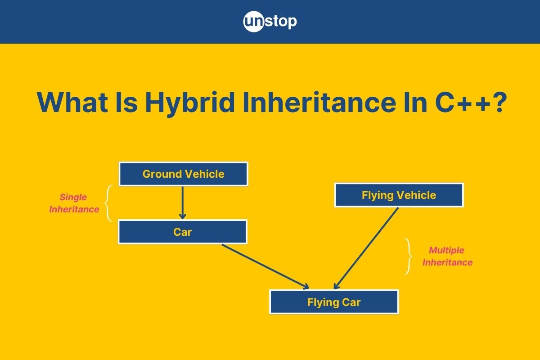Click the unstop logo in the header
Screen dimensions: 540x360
point(270,22)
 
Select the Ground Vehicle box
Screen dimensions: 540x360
point(184,174)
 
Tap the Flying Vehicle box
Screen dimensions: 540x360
point(399,195)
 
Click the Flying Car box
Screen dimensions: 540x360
point(334,301)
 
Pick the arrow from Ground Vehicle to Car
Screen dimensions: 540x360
point(183,203)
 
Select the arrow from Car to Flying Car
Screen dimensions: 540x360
point(265,266)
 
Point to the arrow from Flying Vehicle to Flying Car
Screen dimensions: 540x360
point(366,248)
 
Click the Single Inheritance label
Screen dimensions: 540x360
point(74,203)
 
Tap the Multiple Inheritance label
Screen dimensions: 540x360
point(447,256)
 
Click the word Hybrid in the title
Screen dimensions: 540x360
point(190,102)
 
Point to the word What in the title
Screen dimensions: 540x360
point(72,102)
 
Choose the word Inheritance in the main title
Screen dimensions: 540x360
point(319,102)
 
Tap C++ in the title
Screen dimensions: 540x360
point(463,102)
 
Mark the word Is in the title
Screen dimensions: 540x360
point(126,102)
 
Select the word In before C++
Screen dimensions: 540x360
point(415,102)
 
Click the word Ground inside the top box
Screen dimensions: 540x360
point(162,174)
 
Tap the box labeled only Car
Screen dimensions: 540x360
point(183,232)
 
